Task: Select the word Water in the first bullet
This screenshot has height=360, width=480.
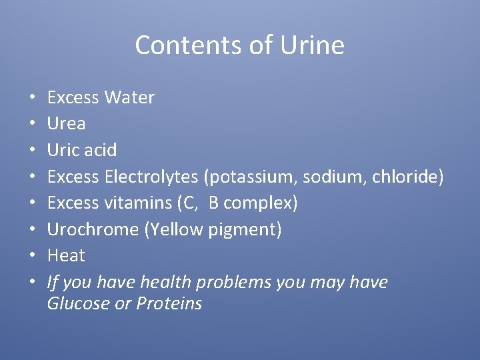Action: tap(129, 97)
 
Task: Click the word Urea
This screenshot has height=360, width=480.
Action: tap(66, 124)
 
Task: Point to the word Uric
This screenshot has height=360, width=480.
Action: tap(63, 150)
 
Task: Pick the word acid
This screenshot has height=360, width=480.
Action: tap(100, 150)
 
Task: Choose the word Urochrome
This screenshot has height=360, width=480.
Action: tap(93, 229)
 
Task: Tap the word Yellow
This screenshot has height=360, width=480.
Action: tap(175, 229)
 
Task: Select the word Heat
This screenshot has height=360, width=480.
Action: tap(66, 255)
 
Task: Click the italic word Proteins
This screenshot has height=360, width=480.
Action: tap(169, 303)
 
